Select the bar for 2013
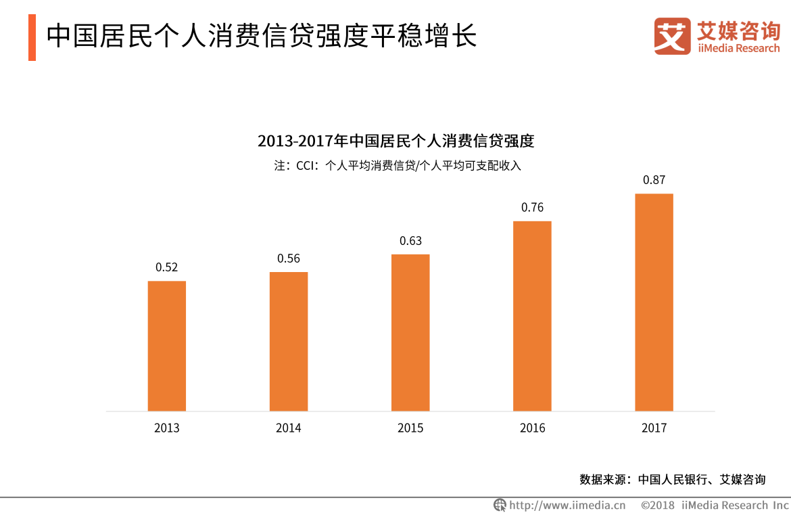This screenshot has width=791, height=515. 167,346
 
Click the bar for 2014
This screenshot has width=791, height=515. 289,341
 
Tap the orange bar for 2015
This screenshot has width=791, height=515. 410,332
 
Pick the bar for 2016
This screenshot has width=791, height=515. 532,315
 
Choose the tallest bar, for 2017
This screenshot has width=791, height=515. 654,302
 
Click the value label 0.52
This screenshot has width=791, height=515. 167,267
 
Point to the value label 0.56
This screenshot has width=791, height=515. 289,259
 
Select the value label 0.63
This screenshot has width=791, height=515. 410,241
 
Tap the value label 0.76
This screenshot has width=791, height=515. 532,208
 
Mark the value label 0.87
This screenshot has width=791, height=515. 654,180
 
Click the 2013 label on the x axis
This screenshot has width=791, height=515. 167,428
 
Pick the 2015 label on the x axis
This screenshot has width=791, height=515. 410,428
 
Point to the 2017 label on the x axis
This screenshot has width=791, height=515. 654,428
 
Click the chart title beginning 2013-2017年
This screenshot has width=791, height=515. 396,141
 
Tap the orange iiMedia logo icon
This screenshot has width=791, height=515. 672,37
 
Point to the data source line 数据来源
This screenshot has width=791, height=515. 673,479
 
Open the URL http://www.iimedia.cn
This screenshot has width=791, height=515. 567,505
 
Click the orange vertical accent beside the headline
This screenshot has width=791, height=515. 32,37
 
